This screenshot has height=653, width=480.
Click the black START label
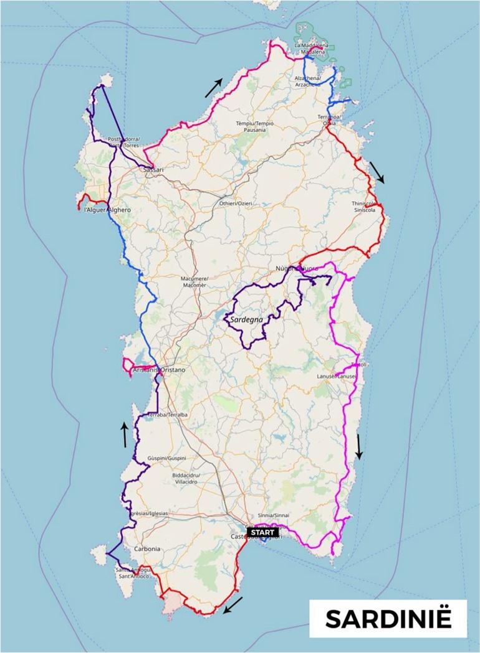(262, 532)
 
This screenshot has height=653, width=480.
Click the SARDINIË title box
(388, 619)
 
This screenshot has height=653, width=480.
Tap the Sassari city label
(153, 169)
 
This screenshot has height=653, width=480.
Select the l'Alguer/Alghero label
(107, 210)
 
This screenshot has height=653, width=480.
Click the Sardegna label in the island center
(247, 319)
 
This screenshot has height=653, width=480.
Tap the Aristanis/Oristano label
(160, 370)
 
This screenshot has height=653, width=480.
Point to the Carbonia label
(147, 549)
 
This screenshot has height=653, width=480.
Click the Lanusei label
(345, 376)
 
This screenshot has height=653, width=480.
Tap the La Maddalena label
(309, 49)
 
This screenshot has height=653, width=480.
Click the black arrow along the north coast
(214, 88)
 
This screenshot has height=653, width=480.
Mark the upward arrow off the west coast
(125, 435)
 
